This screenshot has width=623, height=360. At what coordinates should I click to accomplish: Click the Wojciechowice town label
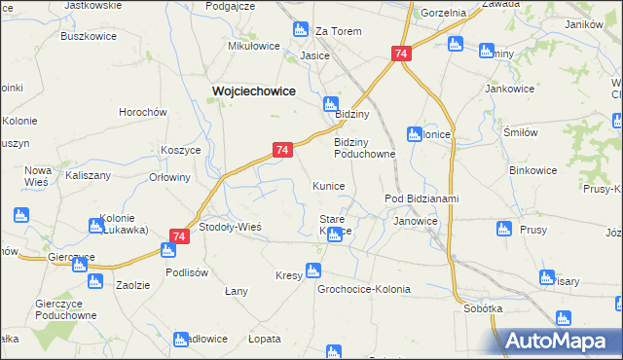pyautogui.click(x=254, y=90)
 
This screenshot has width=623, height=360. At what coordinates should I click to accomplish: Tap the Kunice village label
pyautogui.click(x=328, y=185)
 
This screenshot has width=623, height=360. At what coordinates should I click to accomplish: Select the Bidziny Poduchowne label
pyautogui.click(x=365, y=147)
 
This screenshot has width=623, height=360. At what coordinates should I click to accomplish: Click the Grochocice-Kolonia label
pyautogui.click(x=364, y=289)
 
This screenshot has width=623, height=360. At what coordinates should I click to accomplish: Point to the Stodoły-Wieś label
pyautogui.click(x=230, y=226)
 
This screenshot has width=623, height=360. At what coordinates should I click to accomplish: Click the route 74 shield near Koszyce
pyautogui.click(x=281, y=150)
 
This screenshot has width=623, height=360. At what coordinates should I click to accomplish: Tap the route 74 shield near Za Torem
pyautogui.click(x=401, y=55)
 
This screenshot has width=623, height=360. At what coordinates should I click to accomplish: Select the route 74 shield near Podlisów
pyautogui.click(x=178, y=235)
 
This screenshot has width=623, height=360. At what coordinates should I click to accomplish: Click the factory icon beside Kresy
pyautogui.click(x=313, y=270)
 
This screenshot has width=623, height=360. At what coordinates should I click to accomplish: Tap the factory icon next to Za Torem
pyautogui.click(x=300, y=31)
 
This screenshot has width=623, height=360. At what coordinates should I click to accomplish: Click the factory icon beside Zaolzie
pyautogui.click(x=94, y=281)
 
